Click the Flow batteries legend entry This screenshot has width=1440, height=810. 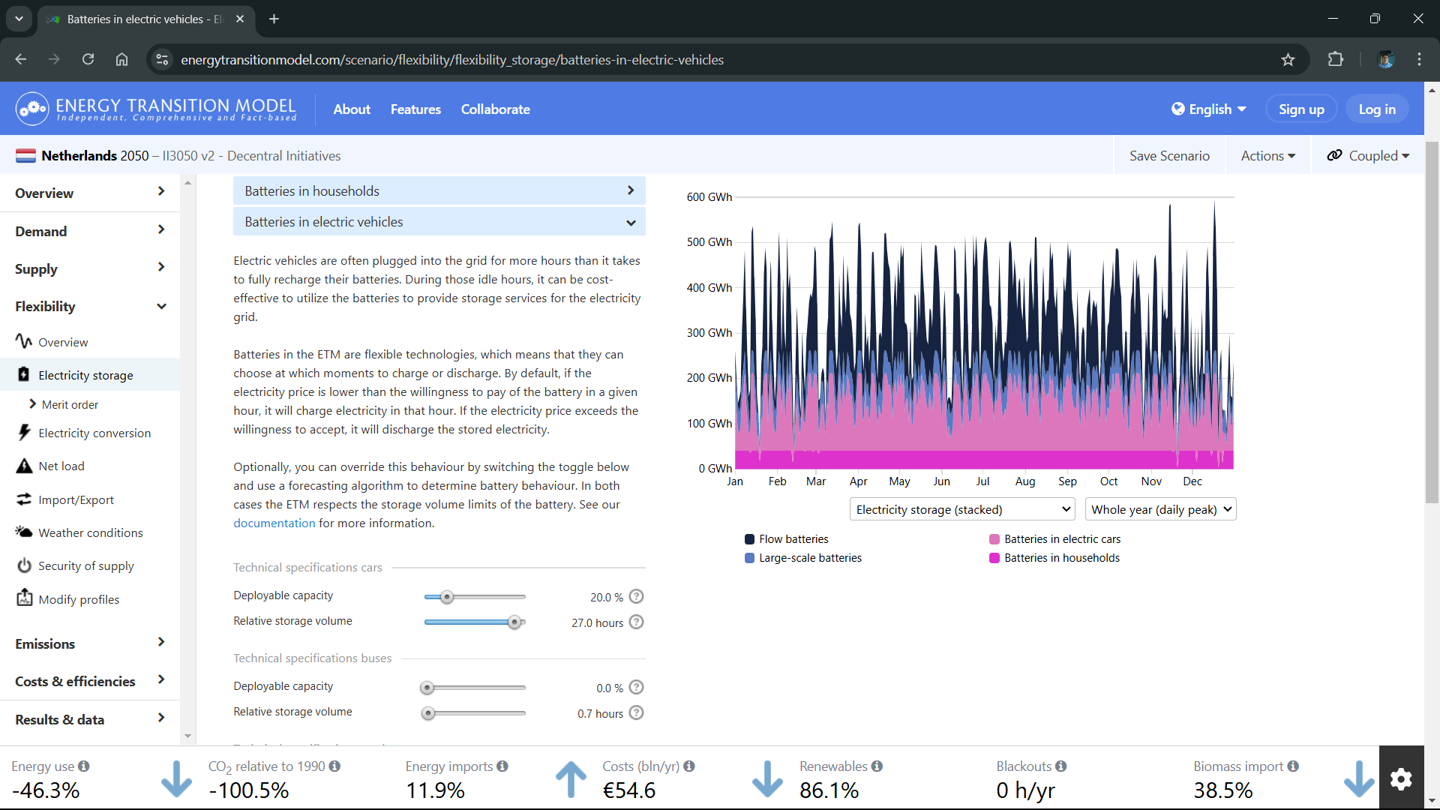[787, 539]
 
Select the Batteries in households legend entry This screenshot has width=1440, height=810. [1054, 558]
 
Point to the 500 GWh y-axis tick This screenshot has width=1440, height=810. [709, 242]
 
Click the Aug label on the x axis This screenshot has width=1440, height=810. [1025, 481]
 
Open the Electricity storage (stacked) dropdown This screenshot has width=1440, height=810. [962, 510]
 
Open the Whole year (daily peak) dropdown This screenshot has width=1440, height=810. [1161, 510]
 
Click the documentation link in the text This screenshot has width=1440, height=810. [274, 523]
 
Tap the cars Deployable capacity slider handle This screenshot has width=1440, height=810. [447, 598]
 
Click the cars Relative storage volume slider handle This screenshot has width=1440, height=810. [514, 622]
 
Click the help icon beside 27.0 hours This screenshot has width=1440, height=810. [637, 622]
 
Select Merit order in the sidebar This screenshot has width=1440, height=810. [70, 405]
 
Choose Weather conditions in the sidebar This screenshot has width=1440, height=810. [91, 533]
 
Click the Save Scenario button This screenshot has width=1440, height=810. [1169, 156]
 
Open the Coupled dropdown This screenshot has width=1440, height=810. [1368, 156]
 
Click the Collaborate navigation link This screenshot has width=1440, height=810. [496, 109]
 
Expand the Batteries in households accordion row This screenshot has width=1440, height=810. [439, 191]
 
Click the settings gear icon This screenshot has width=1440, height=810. [1401, 779]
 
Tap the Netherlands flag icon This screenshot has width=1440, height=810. [25, 156]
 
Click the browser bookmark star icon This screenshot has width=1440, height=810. [1288, 60]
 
